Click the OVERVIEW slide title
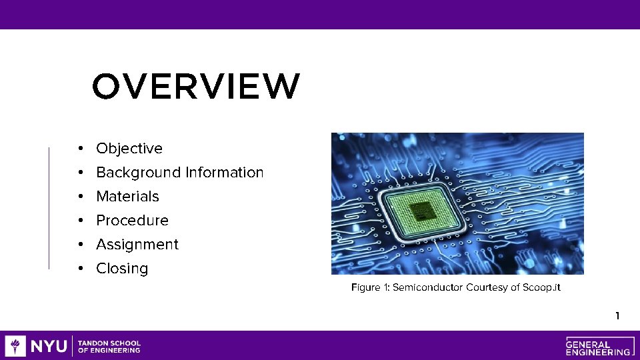(196, 87)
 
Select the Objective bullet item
(129, 149)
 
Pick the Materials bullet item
(127, 197)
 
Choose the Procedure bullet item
(132, 221)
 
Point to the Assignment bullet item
(137, 245)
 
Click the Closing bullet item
(122, 269)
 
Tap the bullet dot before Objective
(79, 149)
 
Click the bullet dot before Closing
(79, 269)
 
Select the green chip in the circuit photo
(420, 213)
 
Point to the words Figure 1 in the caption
(370, 287)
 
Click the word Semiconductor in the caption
(429, 287)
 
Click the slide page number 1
(617, 315)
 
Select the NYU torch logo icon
(15, 346)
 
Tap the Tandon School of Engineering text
(109, 346)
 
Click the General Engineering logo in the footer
(598, 345)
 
